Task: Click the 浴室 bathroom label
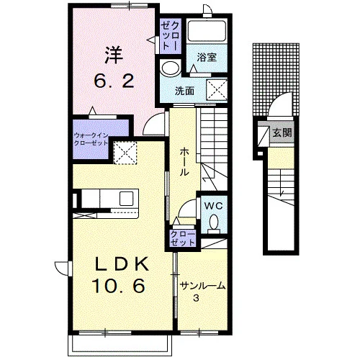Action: click(207, 58)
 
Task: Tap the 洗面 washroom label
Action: click(184, 91)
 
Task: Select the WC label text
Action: click(213, 206)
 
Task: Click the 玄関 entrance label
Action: click(282, 132)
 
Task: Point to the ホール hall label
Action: click(185, 162)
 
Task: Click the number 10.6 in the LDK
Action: click(120, 286)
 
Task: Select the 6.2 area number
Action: click(114, 81)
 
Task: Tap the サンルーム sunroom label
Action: click(203, 286)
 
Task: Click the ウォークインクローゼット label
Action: click(91, 139)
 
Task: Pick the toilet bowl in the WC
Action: click(214, 222)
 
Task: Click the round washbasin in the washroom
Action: click(171, 68)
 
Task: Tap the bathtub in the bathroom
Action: click(207, 31)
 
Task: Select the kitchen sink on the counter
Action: click(126, 198)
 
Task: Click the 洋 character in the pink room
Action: click(114, 55)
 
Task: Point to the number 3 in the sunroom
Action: click(196, 298)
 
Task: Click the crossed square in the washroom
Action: click(217, 89)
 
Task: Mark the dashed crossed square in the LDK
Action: click(125, 153)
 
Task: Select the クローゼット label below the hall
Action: click(183, 238)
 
